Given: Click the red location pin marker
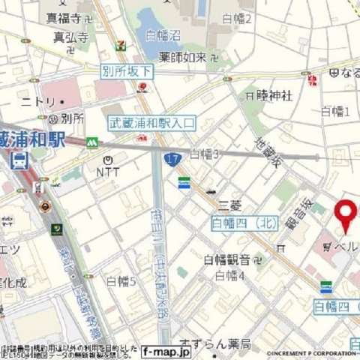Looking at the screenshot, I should pyautogui.click(x=346, y=214).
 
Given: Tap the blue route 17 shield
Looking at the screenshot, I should pyautogui.click(x=172, y=158).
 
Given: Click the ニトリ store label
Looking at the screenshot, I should pyautogui.click(x=37, y=101).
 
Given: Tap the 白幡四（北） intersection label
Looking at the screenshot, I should pyautogui.click(x=244, y=223).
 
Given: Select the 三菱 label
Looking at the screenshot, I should pyautogui.click(x=229, y=204).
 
